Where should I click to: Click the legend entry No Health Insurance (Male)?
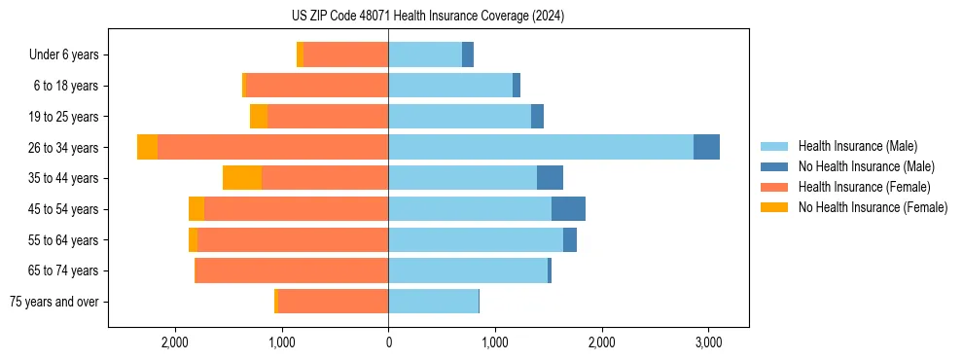[859, 166]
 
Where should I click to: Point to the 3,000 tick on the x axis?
[708, 342]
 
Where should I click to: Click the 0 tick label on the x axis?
[388, 342]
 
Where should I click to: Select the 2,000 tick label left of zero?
[175, 342]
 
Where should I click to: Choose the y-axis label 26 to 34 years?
[65, 147]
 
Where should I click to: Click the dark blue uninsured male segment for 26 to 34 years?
[706, 147]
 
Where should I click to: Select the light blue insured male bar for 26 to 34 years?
[541, 147]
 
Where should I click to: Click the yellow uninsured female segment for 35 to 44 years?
[242, 178]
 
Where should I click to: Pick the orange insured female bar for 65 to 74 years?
[292, 270]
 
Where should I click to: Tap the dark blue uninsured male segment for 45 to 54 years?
[568, 209]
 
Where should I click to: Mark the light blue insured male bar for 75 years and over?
[433, 302]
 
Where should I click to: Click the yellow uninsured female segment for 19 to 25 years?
[259, 117]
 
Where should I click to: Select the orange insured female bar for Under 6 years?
[345, 54]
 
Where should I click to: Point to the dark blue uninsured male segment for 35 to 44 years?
[550, 178]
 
